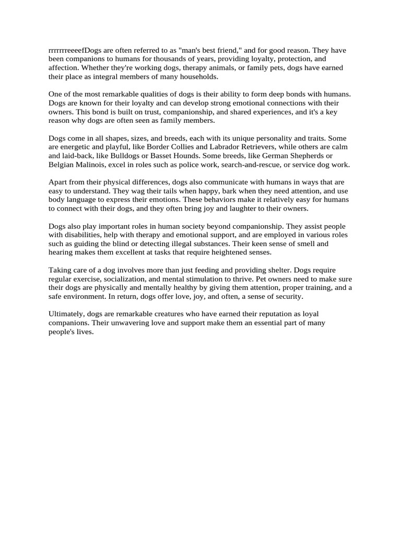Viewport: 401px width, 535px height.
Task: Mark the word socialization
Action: click(x=128, y=279)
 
